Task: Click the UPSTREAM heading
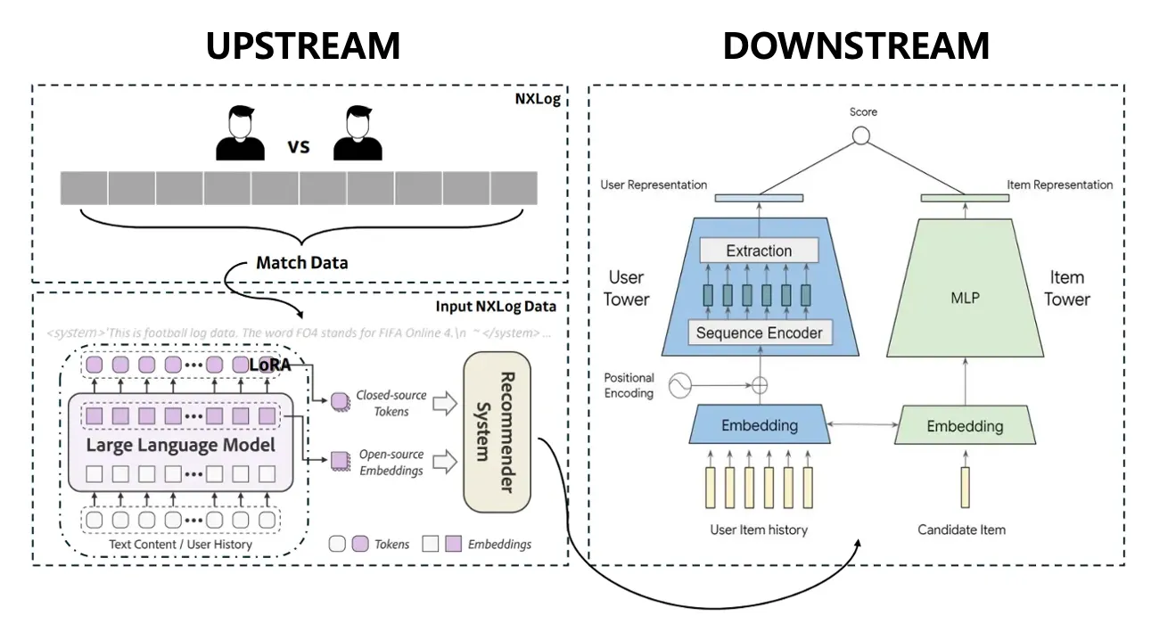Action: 303,45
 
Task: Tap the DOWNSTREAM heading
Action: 856,45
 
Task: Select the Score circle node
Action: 860,136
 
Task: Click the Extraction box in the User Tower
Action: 759,250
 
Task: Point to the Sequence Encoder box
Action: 759,333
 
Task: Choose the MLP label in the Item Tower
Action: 965,298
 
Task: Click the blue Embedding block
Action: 759,425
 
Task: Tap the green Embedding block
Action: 965,426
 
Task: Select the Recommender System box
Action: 497,432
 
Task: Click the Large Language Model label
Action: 180,444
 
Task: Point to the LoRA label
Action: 269,365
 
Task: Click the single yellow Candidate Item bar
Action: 965,487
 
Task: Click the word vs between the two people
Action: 299,146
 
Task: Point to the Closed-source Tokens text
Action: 391,403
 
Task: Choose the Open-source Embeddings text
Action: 391,462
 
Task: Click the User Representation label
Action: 654,185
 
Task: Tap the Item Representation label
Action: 1060,185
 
